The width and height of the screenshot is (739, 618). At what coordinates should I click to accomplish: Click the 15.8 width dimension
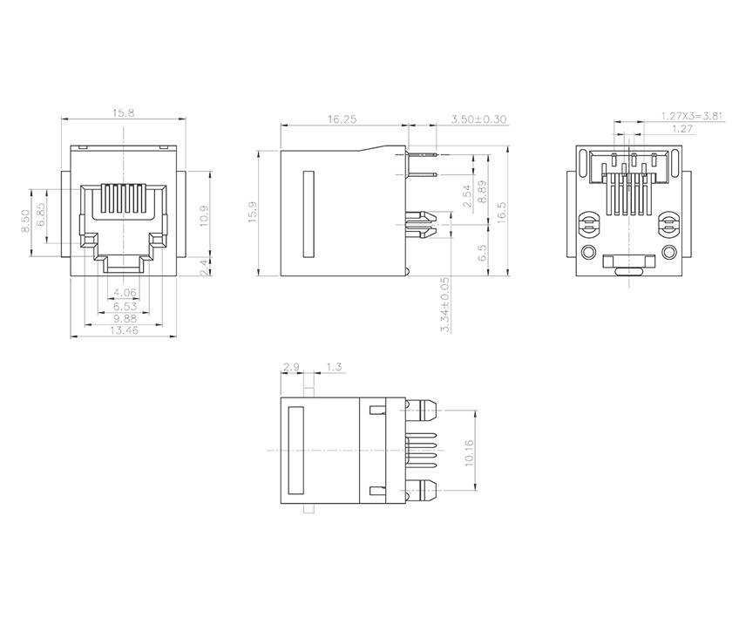[123, 113]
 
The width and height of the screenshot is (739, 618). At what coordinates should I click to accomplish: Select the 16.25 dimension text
[342, 119]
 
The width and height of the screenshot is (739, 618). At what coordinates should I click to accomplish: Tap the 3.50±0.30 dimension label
[478, 119]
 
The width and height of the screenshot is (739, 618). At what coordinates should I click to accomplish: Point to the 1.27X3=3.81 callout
[691, 115]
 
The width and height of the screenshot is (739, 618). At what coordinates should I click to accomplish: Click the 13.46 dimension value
[123, 330]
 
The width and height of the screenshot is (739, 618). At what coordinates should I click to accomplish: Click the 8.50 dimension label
[26, 218]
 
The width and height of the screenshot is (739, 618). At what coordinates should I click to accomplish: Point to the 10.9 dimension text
[203, 214]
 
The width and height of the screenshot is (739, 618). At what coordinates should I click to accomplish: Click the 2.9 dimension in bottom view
[291, 366]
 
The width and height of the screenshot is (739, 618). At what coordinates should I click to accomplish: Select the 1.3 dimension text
[332, 366]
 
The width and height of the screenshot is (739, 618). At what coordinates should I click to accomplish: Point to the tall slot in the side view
[307, 214]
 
